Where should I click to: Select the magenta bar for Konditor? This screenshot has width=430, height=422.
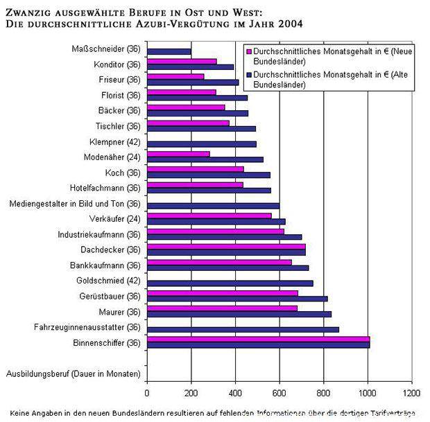pyautogui.click(x=182, y=61)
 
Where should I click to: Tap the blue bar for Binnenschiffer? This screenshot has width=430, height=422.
pyautogui.click(x=258, y=344)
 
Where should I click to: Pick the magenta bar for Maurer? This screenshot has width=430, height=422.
pyautogui.click(x=222, y=308)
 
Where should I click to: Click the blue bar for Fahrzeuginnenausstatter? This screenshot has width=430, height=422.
pyautogui.click(x=243, y=329)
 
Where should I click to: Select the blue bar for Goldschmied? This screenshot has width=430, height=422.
pyautogui.click(x=230, y=283)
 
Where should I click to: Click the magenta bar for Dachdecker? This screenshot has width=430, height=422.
pyautogui.click(x=226, y=246)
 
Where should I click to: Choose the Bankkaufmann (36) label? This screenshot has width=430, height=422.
pyautogui.click(x=105, y=265)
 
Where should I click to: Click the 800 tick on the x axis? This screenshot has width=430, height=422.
pyautogui.click(x=324, y=393)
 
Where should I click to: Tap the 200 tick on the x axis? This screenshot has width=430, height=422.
pyautogui.click(x=191, y=393)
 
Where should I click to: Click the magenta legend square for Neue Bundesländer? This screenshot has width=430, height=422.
pyautogui.click(x=250, y=52)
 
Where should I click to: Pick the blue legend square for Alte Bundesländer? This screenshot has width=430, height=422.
pyautogui.click(x=250, y=75)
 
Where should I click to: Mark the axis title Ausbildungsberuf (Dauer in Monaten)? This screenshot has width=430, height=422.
pyautogui.click(x=73, y=374)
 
